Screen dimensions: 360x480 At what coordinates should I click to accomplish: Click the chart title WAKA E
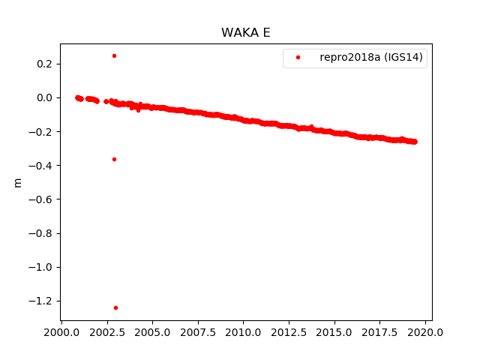[240, 33]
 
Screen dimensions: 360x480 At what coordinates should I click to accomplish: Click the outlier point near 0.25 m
[114, 55]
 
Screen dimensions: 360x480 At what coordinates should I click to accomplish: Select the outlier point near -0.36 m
[114, 159]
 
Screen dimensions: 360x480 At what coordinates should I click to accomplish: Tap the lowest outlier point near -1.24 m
[115, 307]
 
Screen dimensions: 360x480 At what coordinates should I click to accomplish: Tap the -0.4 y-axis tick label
[40, 166]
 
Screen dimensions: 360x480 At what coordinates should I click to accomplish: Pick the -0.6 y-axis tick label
[40, 199]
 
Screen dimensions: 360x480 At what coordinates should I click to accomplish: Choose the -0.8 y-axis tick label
[40, 233]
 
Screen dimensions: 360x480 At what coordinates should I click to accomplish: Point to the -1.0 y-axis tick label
[40, 267]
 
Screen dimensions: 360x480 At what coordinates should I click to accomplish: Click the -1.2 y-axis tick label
[40, 301]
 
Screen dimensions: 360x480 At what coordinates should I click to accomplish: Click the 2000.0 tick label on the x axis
[61, 332]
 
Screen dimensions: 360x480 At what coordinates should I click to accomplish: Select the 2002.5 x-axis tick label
[106, 332]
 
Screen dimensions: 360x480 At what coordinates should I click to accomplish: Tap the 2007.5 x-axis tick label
[198, 332]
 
